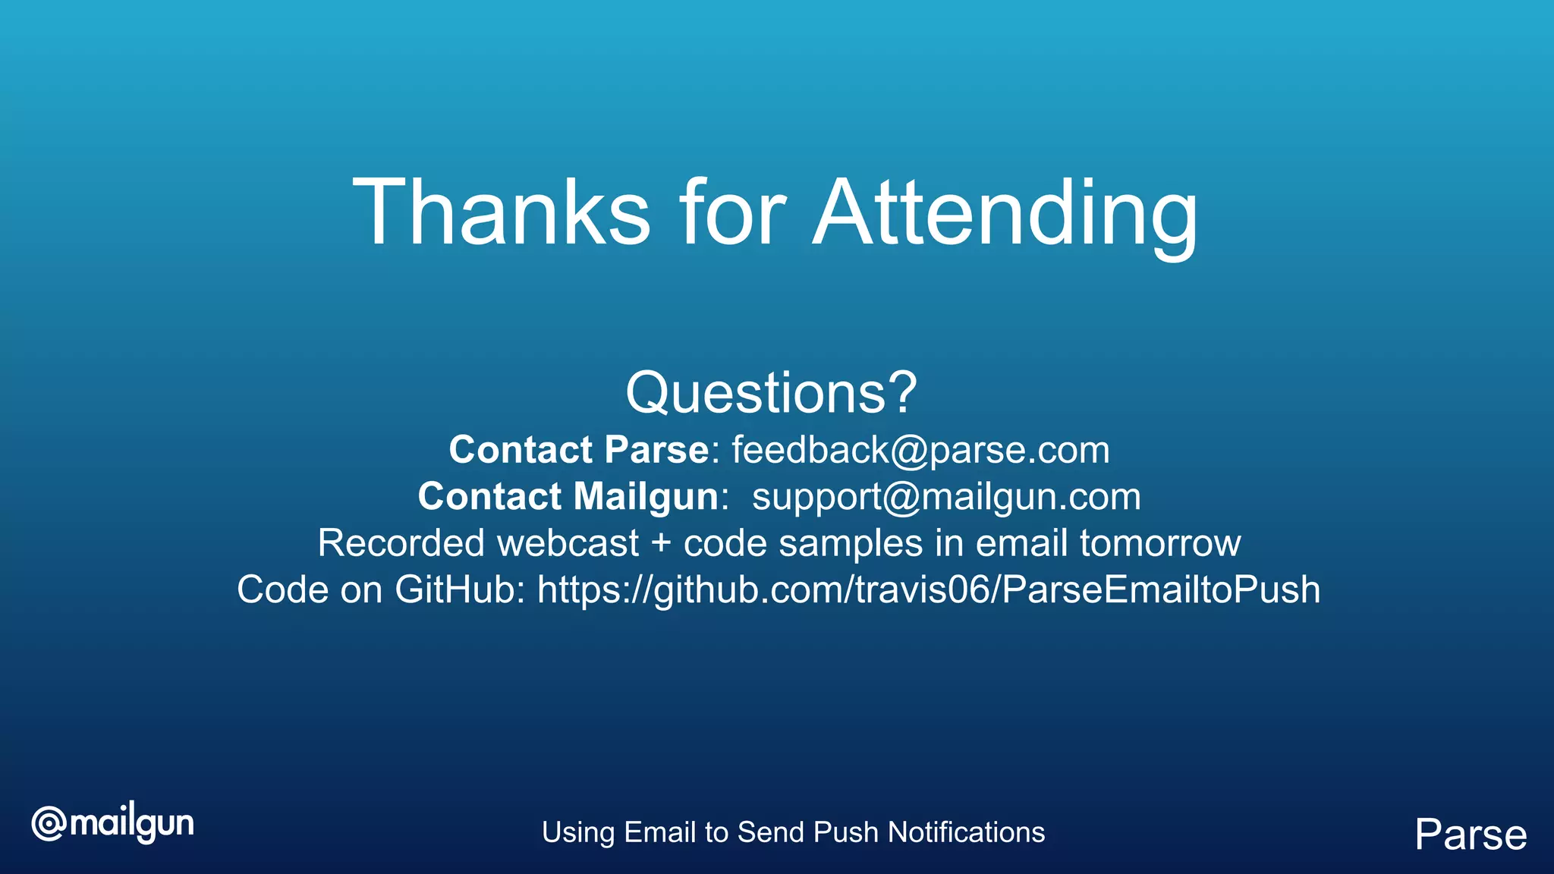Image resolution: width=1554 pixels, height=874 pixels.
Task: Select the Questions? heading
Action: click(x=771, y=393)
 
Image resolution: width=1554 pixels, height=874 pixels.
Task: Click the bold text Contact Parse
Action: click(x=578, y=450)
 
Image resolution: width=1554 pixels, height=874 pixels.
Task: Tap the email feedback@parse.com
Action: click(x=920, y=450)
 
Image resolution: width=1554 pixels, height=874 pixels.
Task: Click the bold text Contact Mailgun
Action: click(x=568, y=497)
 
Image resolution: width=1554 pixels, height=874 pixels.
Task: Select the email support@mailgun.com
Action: click(x=946, y=497)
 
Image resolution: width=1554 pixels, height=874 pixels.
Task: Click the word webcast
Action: click(x=568, y=544)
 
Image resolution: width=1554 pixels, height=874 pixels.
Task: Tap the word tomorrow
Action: click(x=1160, y=544)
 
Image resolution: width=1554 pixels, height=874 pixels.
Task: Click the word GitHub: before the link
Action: click(x=459, y=590)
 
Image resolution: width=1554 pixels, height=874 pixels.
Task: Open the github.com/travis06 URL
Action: click(x=928, y=590)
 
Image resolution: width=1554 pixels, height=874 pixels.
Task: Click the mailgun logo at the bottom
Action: click(x=112, y=825)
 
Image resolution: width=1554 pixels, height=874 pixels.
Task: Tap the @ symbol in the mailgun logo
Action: click(x=49, y=825)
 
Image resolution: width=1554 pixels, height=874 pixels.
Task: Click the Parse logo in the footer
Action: click(x=1471, y=835)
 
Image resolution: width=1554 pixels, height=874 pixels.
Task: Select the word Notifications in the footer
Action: click(x=966, y=832)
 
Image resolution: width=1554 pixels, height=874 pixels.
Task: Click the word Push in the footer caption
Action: click(x=845, y=832)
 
